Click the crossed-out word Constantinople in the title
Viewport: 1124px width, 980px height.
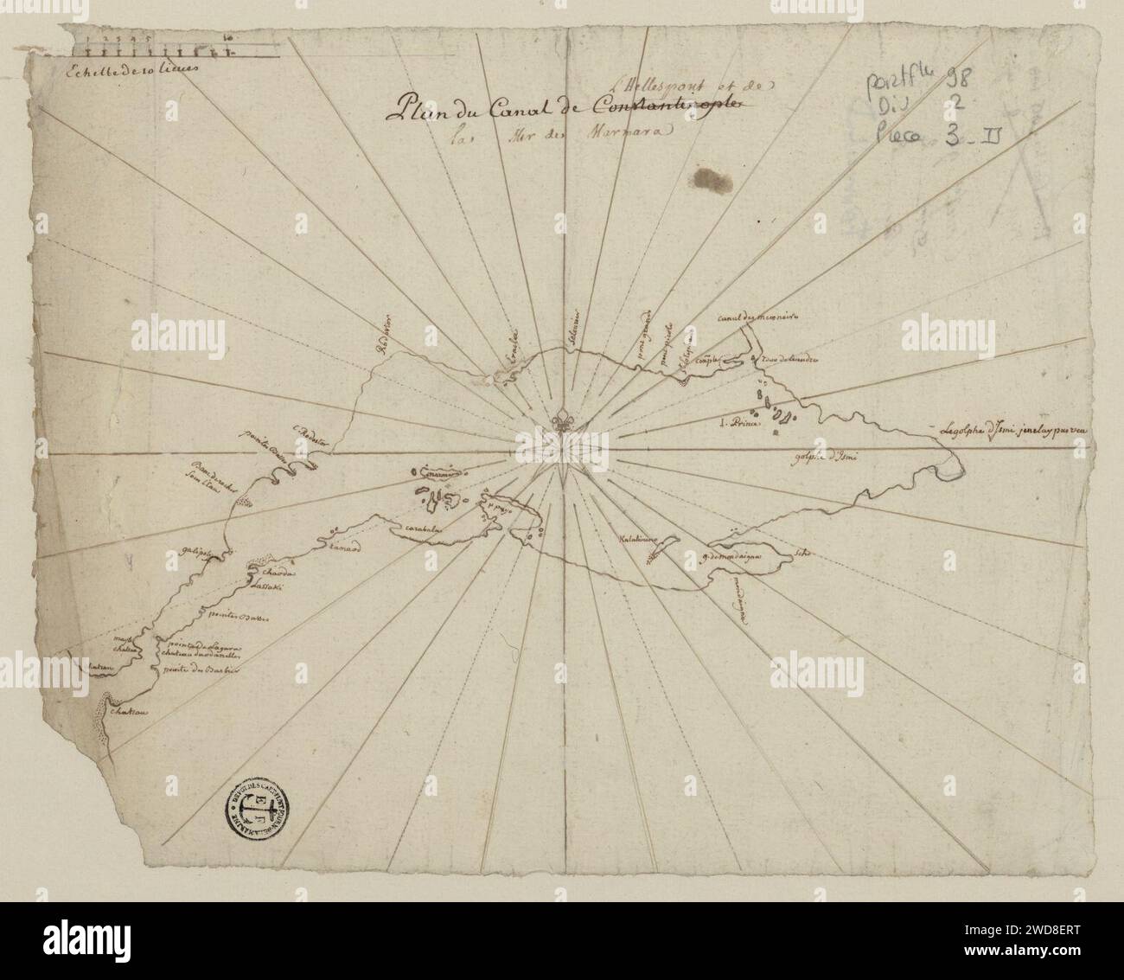pyautogui.click(x=665, y=106)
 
